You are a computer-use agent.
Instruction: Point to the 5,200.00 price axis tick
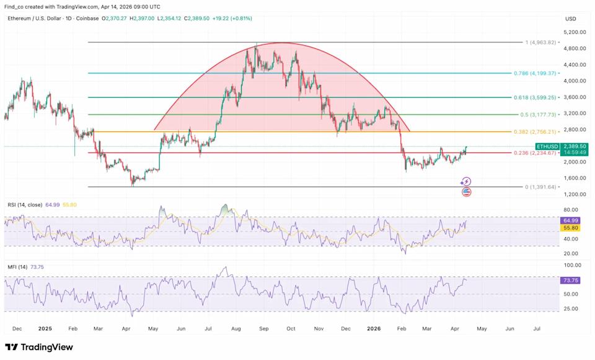(x=575, y=32)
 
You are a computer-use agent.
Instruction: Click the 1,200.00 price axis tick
(x=575, y=195)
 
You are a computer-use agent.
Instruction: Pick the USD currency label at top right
(x=570, y=19)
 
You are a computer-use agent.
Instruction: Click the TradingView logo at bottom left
(x=38, y=347)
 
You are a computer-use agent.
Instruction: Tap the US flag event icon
(x=466, y=192)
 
